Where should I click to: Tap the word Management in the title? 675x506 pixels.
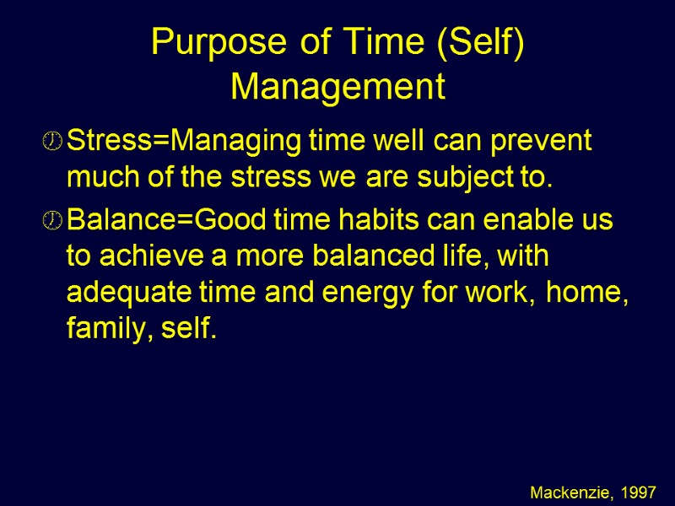tap(337, 87)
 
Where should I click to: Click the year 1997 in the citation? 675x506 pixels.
tap(639, 490)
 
